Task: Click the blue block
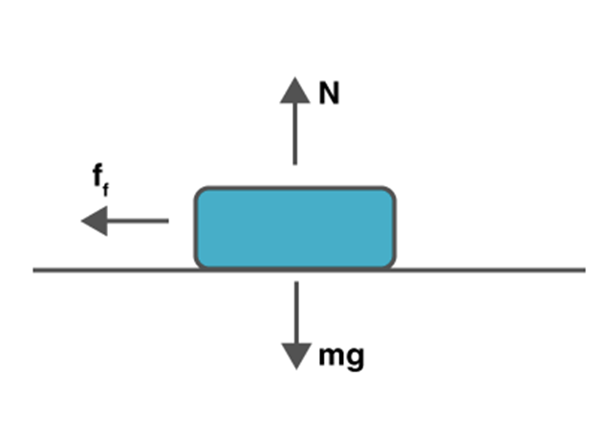(294, 227)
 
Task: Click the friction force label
(100, 179)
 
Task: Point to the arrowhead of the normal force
(295, 89)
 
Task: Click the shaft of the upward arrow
(295, 134)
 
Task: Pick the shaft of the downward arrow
(296, 312)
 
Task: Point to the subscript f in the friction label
(106, 189)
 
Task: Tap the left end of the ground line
(35, 270)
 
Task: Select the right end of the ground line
(582, 270)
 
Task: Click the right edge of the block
(394, 227)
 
